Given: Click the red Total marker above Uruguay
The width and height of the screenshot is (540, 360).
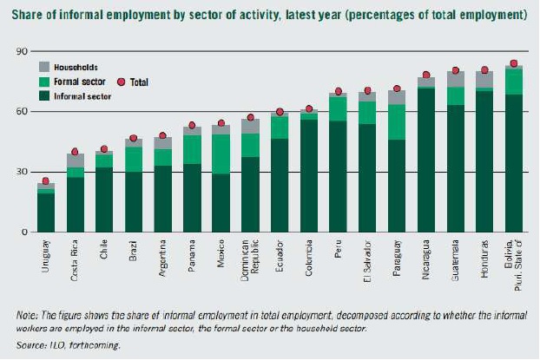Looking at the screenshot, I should [46, 180].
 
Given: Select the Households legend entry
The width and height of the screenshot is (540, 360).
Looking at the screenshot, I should [74, 67].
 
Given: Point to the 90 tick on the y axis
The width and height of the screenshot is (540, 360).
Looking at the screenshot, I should [16, 52].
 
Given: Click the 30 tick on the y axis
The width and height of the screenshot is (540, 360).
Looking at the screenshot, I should [16, 172].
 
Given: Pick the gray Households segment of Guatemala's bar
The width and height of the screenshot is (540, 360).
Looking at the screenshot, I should [456, 79].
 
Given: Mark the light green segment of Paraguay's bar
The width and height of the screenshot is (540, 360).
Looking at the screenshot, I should [397, 122].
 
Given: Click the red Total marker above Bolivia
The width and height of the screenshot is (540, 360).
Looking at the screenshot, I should [514, 63].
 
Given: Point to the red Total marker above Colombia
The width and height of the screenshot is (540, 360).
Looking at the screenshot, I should [308, 109].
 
